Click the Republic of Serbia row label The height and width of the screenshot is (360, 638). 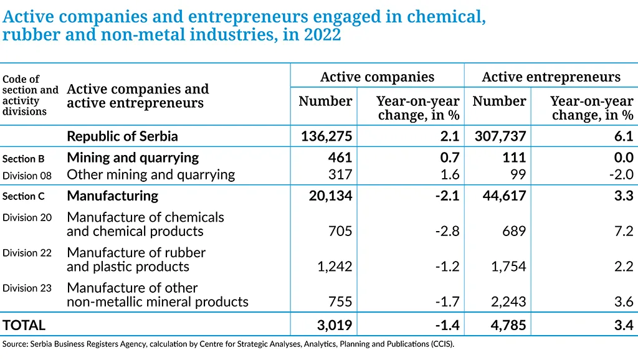tap(122, 136)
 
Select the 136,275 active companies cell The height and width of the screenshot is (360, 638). tap(326, 136)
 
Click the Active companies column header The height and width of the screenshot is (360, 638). tap(377, 77)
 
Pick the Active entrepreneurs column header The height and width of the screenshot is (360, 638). tap(551, 77)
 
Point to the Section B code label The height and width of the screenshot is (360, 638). tap(23, 159)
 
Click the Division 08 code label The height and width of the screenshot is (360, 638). tap(27, 175)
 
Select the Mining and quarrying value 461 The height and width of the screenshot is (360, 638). tap(340, 158)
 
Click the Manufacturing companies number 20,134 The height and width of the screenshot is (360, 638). tap(330, 196)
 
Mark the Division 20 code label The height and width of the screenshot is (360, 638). tap(27, 217)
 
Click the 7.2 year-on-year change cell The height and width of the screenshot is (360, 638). tap(624, 231)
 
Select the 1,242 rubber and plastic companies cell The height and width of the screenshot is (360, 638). tap(335, 267)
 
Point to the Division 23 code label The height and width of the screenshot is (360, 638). tap(27, 288)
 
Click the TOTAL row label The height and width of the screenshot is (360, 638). tap(24, 325)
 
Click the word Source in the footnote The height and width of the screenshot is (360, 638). tap(14, 344)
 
